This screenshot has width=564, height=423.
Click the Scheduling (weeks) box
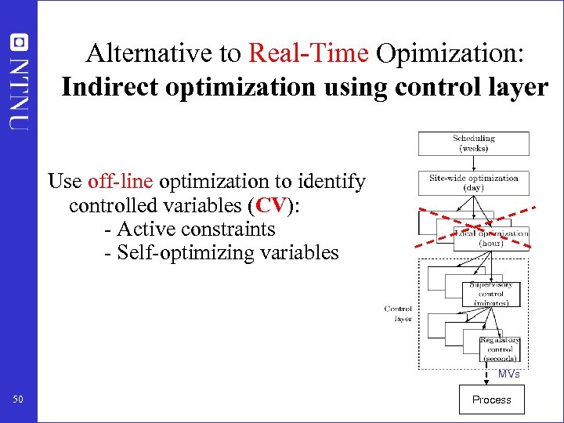[x=473, y=143]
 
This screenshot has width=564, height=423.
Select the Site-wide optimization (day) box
[x=473, y=183]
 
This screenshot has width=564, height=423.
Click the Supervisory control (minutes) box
[x=491, y=294]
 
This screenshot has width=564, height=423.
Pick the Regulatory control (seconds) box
[x=500, y=349]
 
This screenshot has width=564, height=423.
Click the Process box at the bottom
[x=491, y=399]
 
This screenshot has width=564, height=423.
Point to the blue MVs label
[x=508, y=374]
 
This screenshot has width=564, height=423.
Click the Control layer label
[x=398, y=313]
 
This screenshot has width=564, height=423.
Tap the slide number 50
[x=18, y=400]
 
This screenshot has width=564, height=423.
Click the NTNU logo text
[x=19, y=82]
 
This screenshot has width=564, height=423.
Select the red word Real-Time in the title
[x=308, y=53]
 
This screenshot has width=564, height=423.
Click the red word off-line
[x=122, y=182]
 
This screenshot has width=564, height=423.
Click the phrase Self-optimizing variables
[x=227, y=252]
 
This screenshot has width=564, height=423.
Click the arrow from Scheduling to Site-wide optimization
[x=473, y=163]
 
